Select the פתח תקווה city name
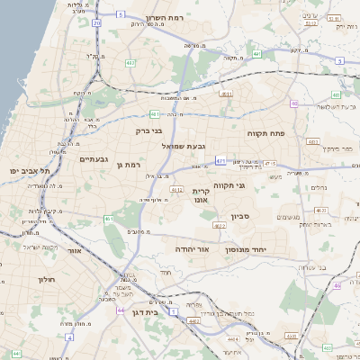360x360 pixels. (266, 132)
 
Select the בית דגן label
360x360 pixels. (157, 312)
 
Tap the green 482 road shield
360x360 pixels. (131, 63)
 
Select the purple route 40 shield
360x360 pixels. (294, 103)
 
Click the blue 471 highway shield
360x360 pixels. (220, 161)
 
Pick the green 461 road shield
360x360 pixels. (109, 218)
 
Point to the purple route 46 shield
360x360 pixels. (338, 285)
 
